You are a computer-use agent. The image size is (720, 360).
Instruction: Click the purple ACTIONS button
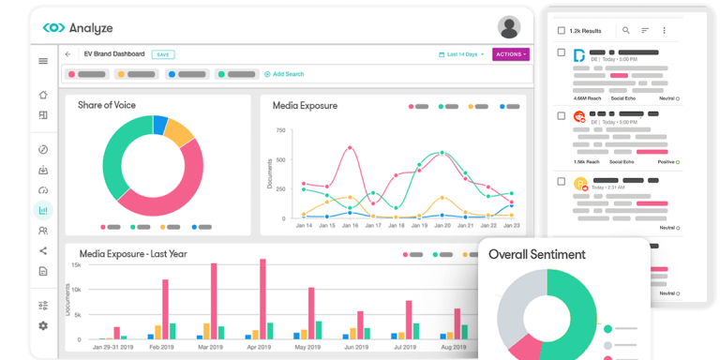coord(511,54)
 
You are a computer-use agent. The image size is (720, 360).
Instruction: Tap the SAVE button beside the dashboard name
coord(163,54)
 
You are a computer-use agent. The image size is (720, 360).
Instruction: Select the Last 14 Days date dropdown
coord(461,54)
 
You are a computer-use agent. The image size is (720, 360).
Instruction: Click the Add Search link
coord(286,74)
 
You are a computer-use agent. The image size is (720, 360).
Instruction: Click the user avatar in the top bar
coord(509,26)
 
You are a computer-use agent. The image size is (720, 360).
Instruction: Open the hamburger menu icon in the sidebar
coord(43,61)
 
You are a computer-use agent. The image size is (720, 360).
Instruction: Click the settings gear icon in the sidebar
coord(43,325)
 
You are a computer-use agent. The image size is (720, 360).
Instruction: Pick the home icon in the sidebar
coord(43,95)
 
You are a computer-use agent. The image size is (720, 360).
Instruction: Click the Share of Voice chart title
coord(107,105)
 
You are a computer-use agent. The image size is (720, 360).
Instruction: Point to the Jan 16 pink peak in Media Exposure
coord(350,147)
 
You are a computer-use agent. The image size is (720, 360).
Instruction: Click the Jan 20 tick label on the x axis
coord(442,226)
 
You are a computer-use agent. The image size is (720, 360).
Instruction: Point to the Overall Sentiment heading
coord(537,254)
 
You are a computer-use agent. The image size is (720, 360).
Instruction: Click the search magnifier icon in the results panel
coord(626,30)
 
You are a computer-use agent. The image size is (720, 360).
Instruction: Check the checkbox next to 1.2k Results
coord(561,30)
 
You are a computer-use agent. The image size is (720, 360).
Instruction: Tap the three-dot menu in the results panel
coord(664,30)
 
